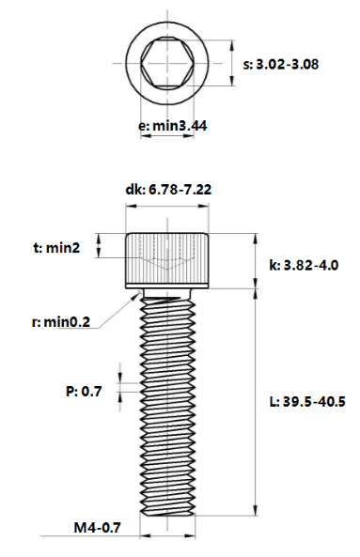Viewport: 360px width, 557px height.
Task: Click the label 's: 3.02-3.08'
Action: [x=281, y=65]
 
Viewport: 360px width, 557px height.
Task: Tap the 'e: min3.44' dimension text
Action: [x=172, y=126]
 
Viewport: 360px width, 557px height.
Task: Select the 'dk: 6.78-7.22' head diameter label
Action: [x=168, y=190]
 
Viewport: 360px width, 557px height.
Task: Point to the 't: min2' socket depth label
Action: [x=56, y=248]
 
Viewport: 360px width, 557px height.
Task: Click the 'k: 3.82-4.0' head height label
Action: [x=304, y=265]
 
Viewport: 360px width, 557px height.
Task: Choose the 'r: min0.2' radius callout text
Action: [x=61, y=322]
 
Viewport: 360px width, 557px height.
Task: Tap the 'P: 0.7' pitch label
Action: [x=84, y=391]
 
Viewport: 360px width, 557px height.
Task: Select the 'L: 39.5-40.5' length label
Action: [x=307, y=402]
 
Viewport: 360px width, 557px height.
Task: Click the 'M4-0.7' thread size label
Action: [x=98, y=527]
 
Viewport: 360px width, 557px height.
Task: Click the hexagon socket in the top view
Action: [x=167, y=63]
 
